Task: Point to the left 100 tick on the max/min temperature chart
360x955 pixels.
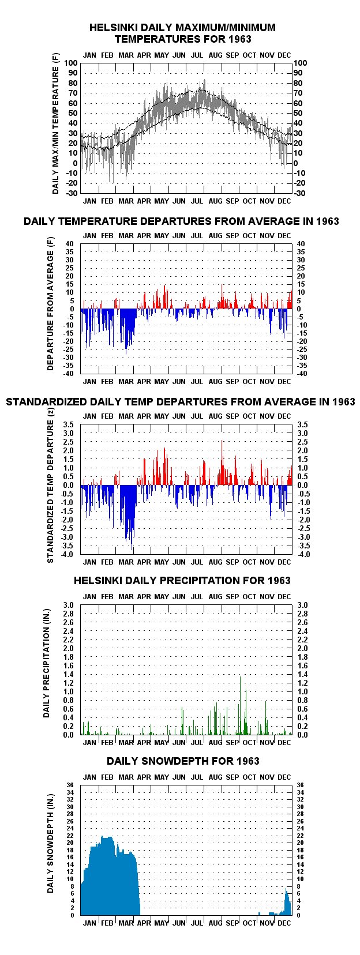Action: pos(71,63)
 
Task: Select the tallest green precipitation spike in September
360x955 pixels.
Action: pos(240,705)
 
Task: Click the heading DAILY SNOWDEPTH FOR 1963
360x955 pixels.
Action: pos(183,761)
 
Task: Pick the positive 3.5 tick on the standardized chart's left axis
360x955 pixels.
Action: pos(68,424)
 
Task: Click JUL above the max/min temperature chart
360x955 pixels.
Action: pos(197,55)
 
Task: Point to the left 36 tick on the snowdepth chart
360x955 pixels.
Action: pos(70,785)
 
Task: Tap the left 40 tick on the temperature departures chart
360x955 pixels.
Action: pos(69,244)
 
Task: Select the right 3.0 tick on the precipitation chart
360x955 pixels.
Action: pos(302,606)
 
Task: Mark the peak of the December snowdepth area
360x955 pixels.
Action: pos(287,889)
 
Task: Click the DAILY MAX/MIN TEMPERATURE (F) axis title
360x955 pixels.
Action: pos(55,123)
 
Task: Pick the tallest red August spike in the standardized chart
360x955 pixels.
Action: pos(222,441)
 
